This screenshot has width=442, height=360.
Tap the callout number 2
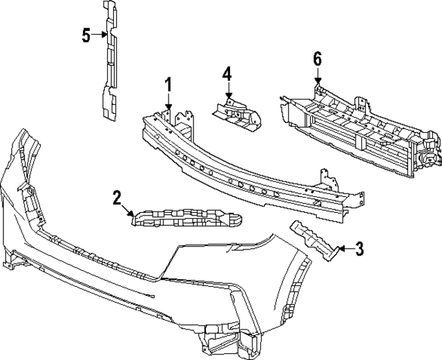click(117, 198)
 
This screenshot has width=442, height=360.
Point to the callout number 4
click(227, 74)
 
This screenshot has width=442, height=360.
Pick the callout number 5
click(86, 35)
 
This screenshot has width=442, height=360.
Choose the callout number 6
click(317, 59)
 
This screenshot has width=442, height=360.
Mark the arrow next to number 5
click(99, 35)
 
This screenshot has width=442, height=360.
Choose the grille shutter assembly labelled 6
click(359, 131)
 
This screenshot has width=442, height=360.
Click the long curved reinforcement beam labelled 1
click(249, 173)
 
